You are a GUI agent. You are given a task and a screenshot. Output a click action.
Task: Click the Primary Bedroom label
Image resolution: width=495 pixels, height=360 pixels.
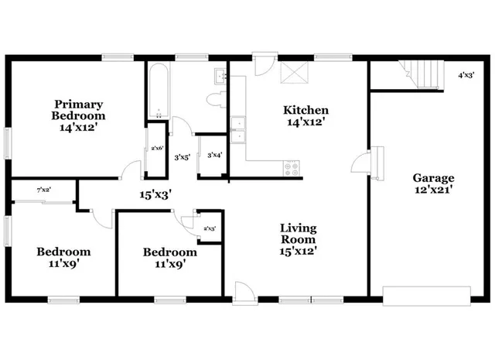(x=78, y=115)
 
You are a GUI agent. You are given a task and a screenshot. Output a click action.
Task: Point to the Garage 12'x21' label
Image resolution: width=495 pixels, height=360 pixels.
(x=432, y=183)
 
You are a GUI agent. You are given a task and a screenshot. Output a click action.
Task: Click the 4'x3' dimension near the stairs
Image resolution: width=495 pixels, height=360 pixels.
(x=466, y=75)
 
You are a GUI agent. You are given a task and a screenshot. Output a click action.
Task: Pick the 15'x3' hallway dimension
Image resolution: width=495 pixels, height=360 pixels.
(x=154, y=195)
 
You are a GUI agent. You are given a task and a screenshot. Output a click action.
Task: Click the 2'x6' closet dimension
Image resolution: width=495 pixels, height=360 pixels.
(x=157, y=148)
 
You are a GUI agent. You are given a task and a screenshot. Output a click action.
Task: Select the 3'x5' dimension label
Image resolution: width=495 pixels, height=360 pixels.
(x=182, y=157)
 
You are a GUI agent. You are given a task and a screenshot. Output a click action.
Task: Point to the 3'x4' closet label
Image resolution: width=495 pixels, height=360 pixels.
(x=215, y=155)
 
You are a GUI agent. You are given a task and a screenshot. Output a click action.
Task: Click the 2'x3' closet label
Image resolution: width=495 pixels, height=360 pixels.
(x=209, y=228)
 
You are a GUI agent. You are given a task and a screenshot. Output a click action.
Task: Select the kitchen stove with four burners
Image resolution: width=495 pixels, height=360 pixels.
(x=292, y=167)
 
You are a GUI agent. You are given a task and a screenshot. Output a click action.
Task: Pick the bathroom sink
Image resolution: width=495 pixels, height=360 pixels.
(x=220, y=76)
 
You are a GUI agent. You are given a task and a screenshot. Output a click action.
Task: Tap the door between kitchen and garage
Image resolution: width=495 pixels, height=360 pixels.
(x=361, y=163)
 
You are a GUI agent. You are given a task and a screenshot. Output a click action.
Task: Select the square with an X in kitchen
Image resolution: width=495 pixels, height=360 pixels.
(x=295, y=73)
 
